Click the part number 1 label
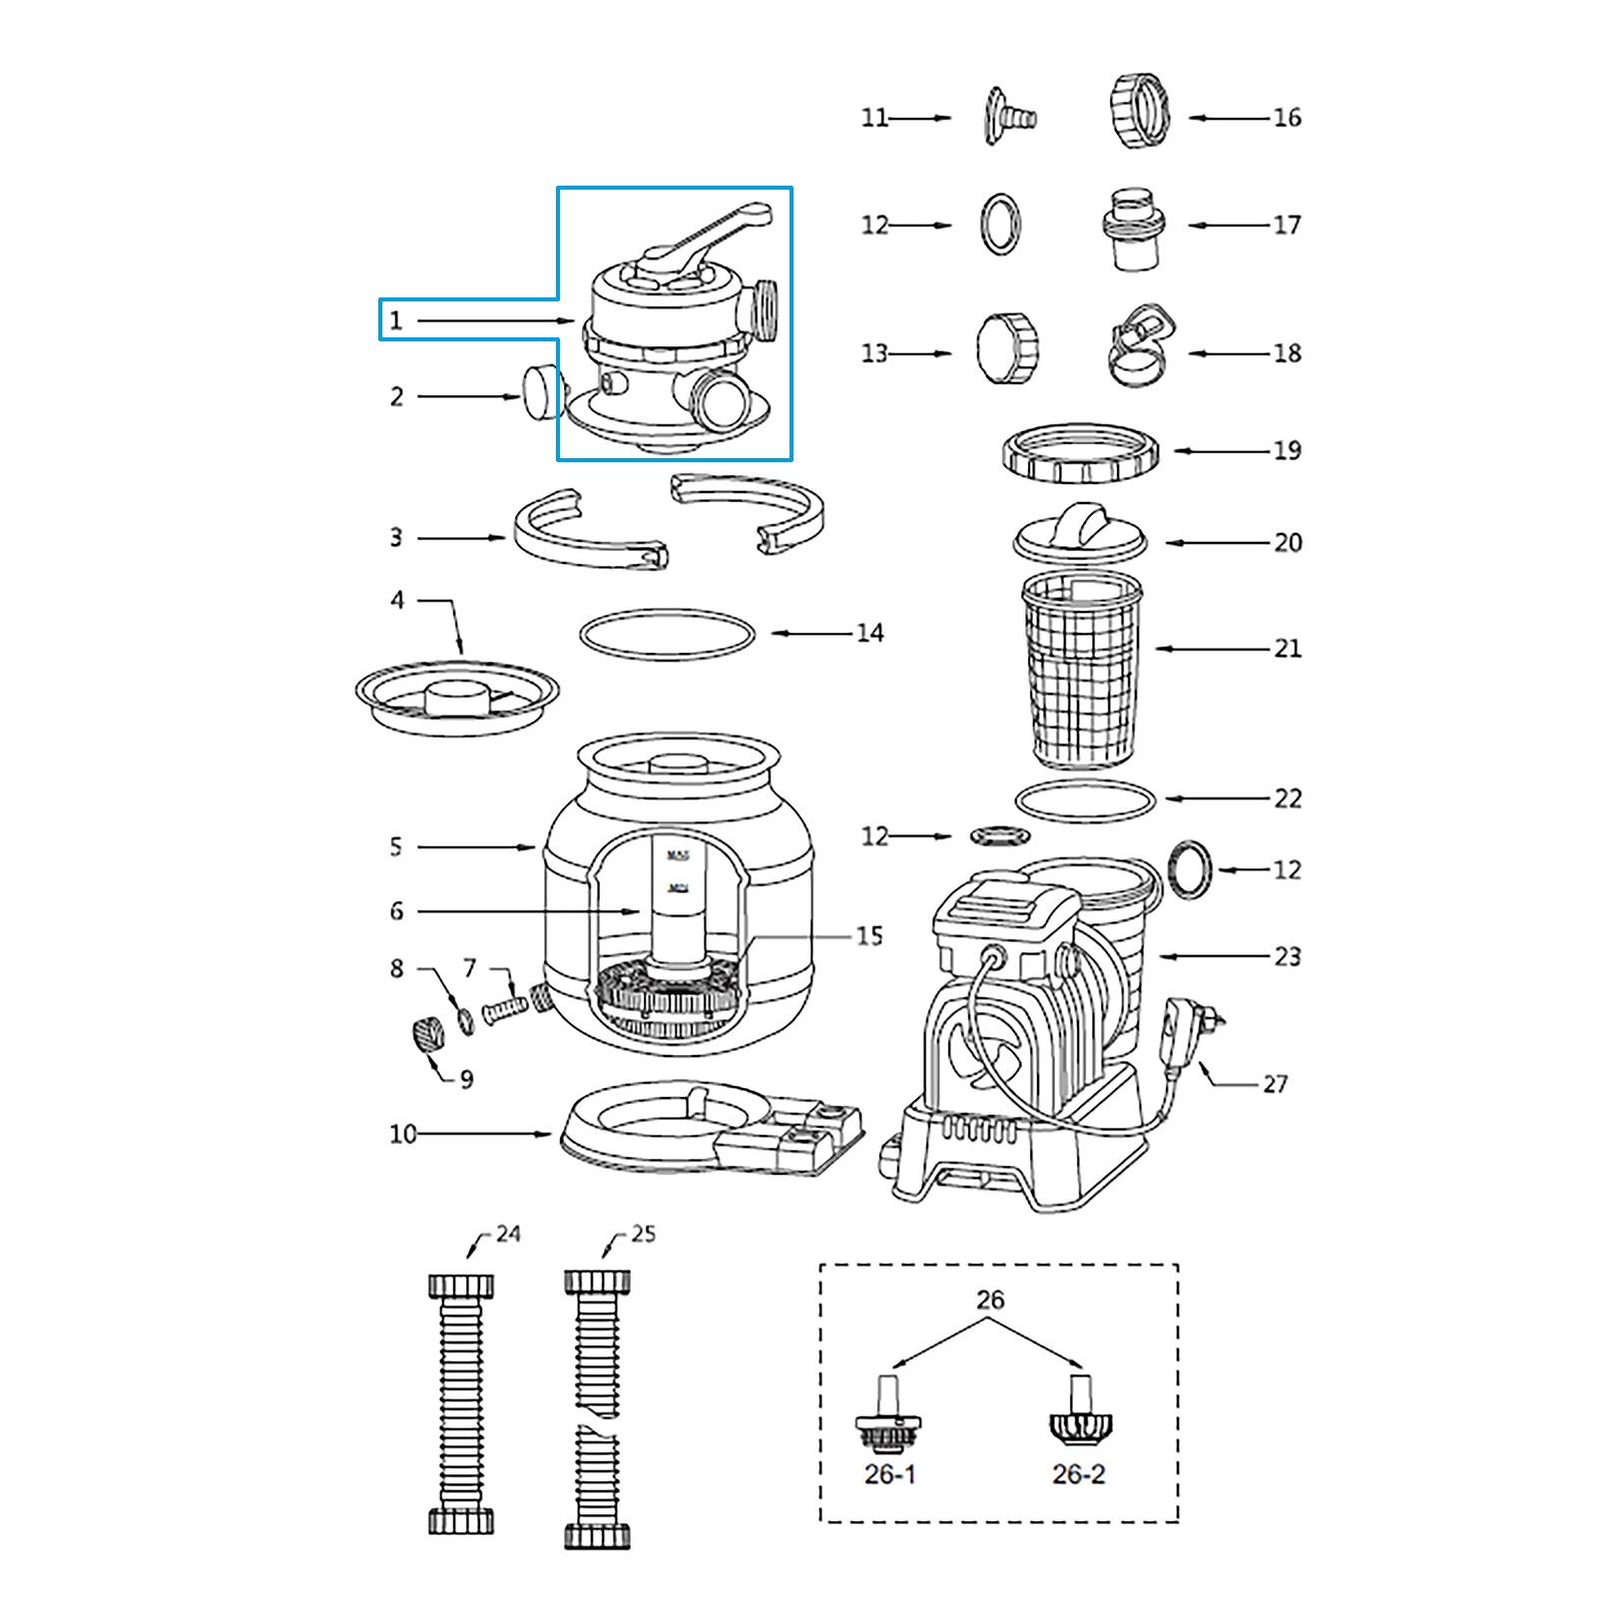[x=396, y=320]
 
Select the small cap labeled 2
[x=542, y=392]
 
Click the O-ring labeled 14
[x=667, y=634]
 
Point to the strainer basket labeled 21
[x=1082, y=669]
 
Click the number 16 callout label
[x=1287, y=118]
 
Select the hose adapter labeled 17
[x=1134, y=229]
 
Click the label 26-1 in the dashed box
[x=889, y=1474]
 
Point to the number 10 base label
[x=402, y=1134]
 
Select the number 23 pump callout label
[x=1288, y=956]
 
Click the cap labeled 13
[x=1007, y=349]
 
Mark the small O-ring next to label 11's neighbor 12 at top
[x=1000, y=225]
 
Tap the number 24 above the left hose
[x=508, y=1234]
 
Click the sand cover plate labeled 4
[x=457, y=697]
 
